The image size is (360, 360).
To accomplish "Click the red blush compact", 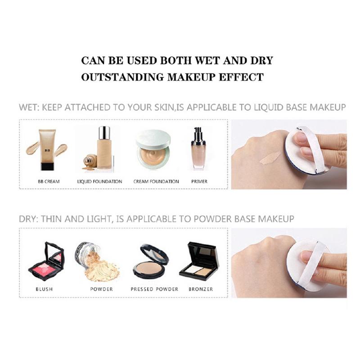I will point(46,261).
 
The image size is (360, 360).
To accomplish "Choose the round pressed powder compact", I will point(151,261).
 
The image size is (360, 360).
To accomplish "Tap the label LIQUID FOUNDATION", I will point(99,181).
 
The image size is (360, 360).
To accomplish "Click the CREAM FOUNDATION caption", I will point(156,181).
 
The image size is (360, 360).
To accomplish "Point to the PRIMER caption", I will point(199,181).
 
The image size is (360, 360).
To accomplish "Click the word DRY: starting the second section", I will point(29,219).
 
